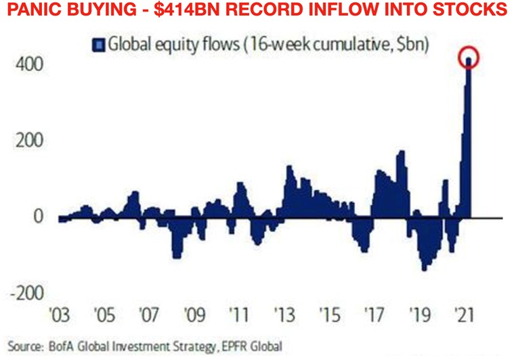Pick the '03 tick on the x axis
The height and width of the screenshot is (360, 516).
[x=64, y=315]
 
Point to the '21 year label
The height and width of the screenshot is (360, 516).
[x=464, y=315]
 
